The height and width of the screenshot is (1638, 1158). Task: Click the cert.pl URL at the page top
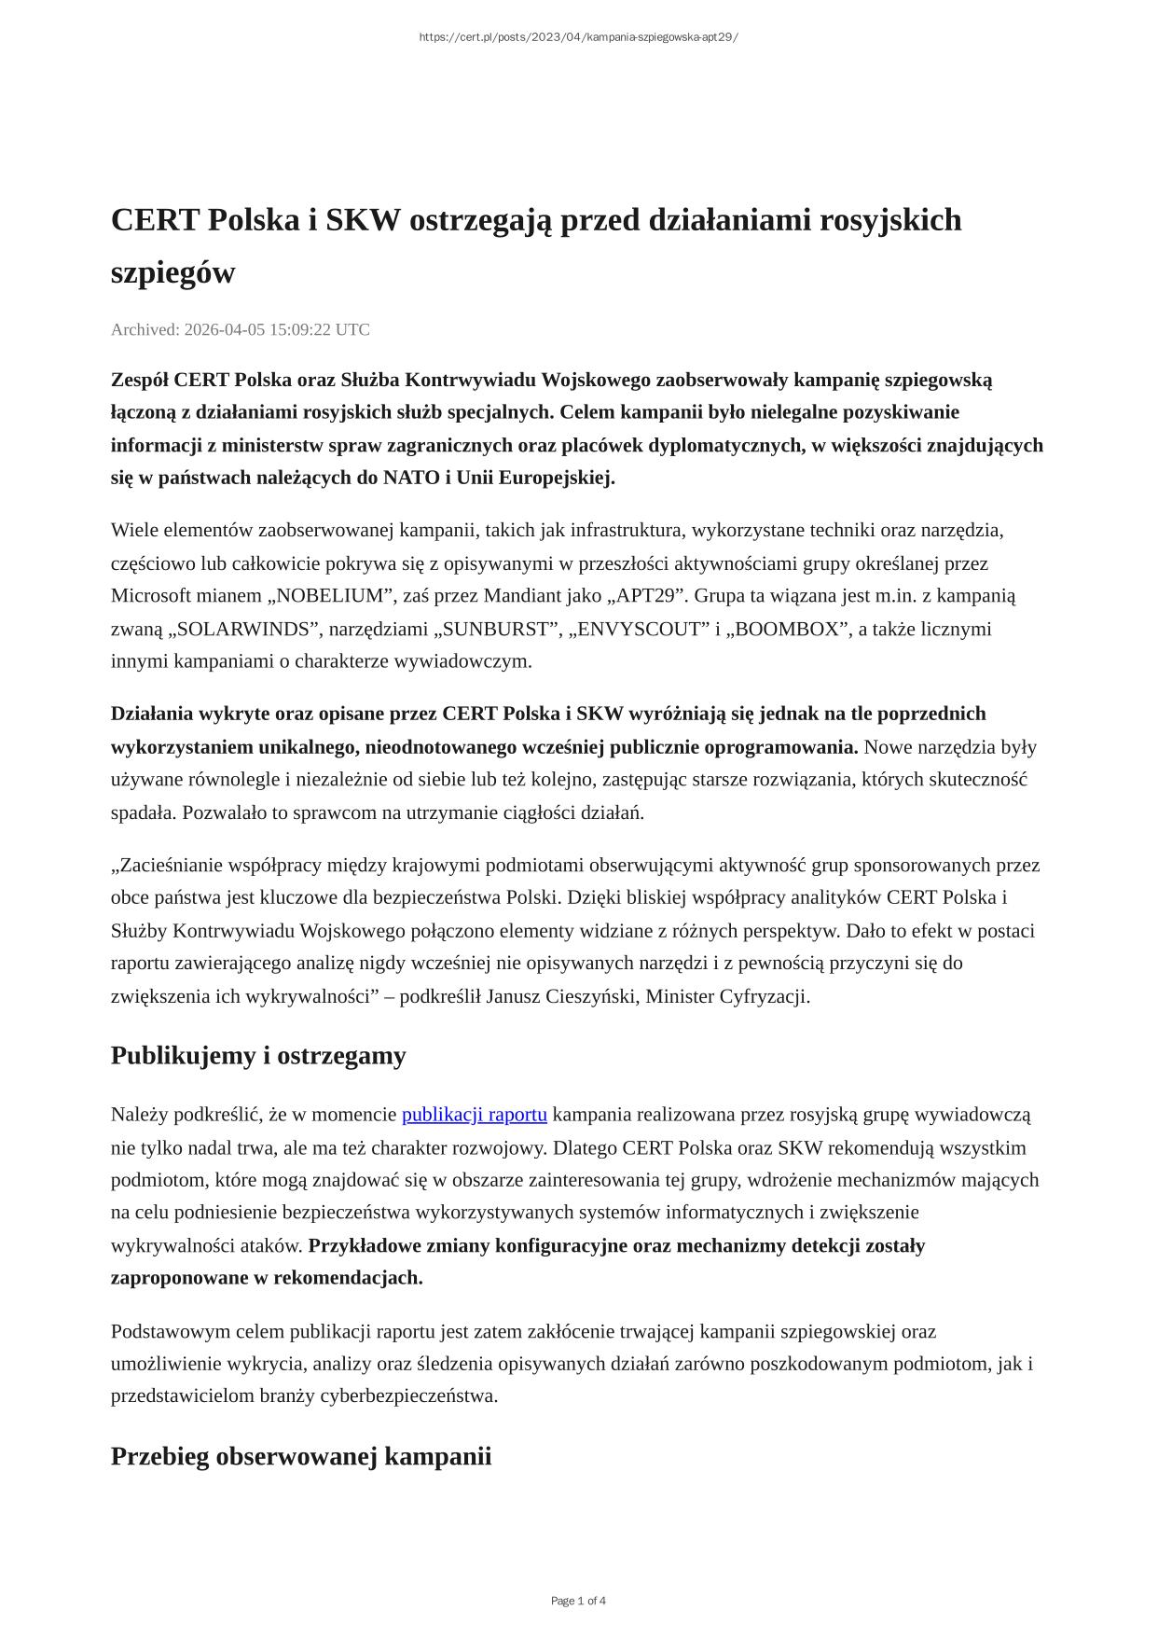point(578,37)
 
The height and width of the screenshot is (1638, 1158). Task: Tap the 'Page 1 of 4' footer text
point(578,1601)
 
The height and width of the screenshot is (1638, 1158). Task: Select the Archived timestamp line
point(241,329)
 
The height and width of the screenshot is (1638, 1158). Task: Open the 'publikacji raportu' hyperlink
point(474,1115)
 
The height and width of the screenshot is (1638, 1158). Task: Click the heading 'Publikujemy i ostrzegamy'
point(258,1056)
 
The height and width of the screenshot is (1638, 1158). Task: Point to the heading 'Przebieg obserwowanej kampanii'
point(301,1456)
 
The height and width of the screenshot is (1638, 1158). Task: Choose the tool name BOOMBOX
point(788,629)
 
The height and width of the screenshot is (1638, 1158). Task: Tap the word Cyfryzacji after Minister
point(765,996)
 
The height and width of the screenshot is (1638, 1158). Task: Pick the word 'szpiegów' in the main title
point(173,273)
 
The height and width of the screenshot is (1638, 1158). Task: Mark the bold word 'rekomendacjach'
point(347,1278)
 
